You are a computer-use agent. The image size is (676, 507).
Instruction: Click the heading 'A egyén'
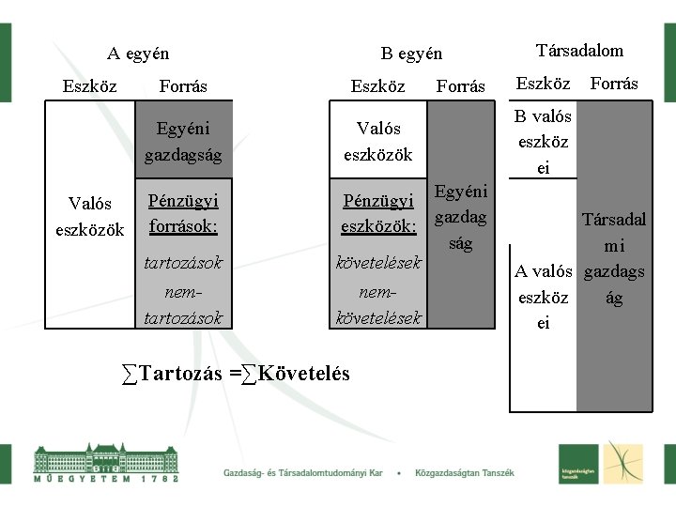pyautogui.click(x=137, y=54)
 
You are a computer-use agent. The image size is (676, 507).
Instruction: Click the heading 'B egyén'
pyautogui.click(x=411, y=54)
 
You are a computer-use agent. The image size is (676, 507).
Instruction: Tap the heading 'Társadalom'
pyautogui.click(x=579, y=51)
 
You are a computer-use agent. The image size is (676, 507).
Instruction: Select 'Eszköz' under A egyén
pyautogui.click(x=90, y=86)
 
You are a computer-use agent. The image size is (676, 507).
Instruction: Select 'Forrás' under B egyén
pyautogui.click(x=461, y=86)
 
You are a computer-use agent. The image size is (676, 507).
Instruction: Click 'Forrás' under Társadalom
pyautogui.click(x=614, y=84)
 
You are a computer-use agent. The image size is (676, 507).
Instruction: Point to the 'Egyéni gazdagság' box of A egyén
pyautogui.click(x=183, y=141)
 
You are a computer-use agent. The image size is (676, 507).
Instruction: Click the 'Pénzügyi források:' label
pyautogui.click(x=183, y=213)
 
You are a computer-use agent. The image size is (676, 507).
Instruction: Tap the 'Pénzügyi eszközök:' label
pyautogui.click(x=378, y=213)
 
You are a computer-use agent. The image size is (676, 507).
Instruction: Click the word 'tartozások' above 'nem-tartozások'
pyautogui.click(x=183, y=263)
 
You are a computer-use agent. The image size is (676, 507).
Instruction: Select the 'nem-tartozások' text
pyautogui.click(x=183, y=306)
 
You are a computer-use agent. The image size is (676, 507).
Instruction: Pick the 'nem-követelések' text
pyautogui.click(x=378, y=306)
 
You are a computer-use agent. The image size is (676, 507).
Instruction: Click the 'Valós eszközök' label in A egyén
pyautogui.click(x=90, y=215)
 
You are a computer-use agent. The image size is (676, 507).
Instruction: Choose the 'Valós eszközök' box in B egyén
pyautogui.click(x=378, y=141)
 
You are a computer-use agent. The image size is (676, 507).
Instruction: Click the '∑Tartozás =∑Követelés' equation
pyautogui.click(x=236, y=374)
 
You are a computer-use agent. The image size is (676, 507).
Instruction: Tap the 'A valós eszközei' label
pyautogui.click(x=544, y=298)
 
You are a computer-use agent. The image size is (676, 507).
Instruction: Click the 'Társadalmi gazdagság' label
pyautogui.click(x=614, y=258)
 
